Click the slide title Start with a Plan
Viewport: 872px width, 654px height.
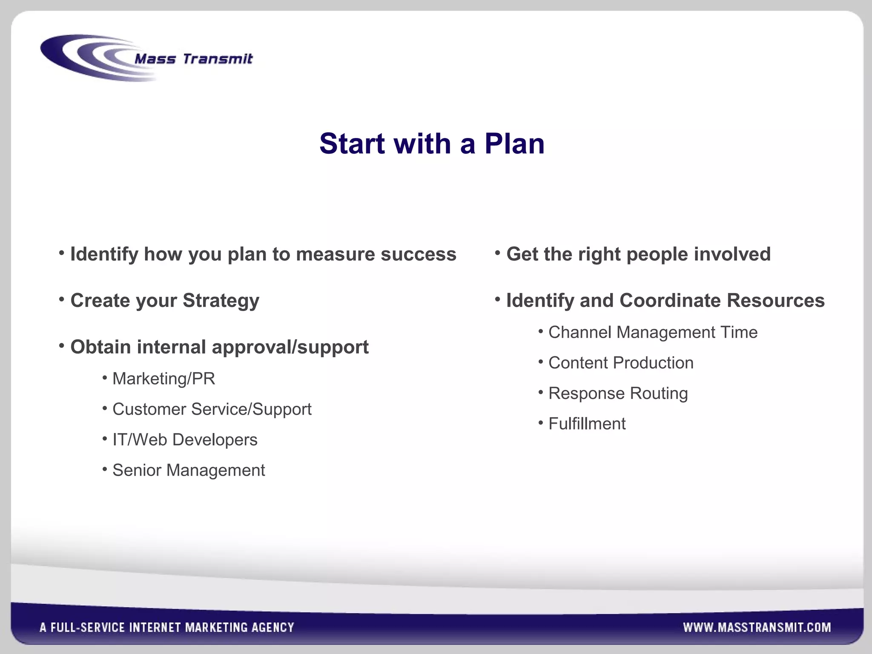(432, 143)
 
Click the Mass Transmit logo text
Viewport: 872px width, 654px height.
(193, 59)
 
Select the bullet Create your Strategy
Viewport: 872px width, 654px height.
(165, 301)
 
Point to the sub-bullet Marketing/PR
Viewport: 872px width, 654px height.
(163, 379)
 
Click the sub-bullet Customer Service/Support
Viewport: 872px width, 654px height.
(212, 409)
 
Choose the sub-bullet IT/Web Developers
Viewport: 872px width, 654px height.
(185, 440)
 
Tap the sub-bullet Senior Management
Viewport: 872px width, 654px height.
(189, 470)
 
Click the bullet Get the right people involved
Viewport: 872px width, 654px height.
(638, 254)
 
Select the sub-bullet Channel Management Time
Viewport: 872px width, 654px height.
(653, 333)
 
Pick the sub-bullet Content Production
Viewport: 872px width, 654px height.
(621, 363)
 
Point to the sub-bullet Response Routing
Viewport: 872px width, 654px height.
(618, 393)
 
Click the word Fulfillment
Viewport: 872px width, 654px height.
(587, 424)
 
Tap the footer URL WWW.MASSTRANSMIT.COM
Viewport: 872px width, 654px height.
(757, 627)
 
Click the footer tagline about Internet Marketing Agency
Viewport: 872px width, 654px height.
(167, 627)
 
